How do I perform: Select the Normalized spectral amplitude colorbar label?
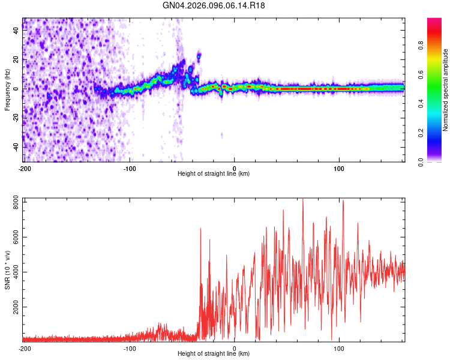coord(446,90)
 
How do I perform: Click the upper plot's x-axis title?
coord(214,173)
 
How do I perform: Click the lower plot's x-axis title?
coord(214,353)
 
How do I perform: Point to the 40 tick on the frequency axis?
coord(16,31)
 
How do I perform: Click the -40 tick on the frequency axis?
coord(15,146)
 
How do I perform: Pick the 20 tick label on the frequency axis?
coord(16,60)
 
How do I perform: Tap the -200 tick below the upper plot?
coord(25,167)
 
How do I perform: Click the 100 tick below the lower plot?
coord(340,347)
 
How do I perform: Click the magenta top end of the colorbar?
coord(435,22)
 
